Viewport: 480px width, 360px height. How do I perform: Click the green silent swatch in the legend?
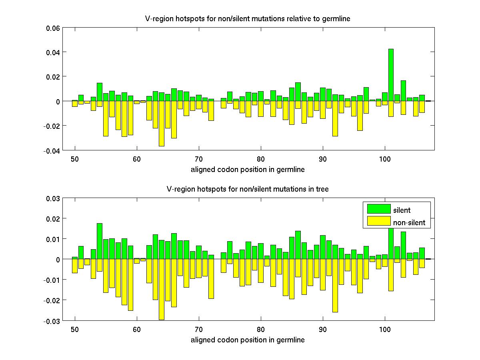(x=378, y=208)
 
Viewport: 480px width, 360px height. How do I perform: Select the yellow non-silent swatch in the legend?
(x=378, y=221)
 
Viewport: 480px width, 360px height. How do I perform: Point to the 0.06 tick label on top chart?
(x=53, y=28)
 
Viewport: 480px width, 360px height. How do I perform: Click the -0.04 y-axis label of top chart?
(x=52, y=151)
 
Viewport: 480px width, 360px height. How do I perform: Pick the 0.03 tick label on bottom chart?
(x=53, y=198)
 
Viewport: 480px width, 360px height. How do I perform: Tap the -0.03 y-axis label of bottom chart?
(x=52, y=321)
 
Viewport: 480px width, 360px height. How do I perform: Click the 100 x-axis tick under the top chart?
(x=385, y=159)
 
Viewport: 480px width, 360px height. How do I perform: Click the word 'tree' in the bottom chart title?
(x=322, y=189)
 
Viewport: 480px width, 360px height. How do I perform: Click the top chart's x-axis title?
(x=248, y=170)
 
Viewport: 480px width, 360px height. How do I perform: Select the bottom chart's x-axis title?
(x=248, y=340)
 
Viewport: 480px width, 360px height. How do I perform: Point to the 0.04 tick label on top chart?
(x=53, y=52)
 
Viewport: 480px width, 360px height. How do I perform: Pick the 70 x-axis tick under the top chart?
(x=199, y=159)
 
